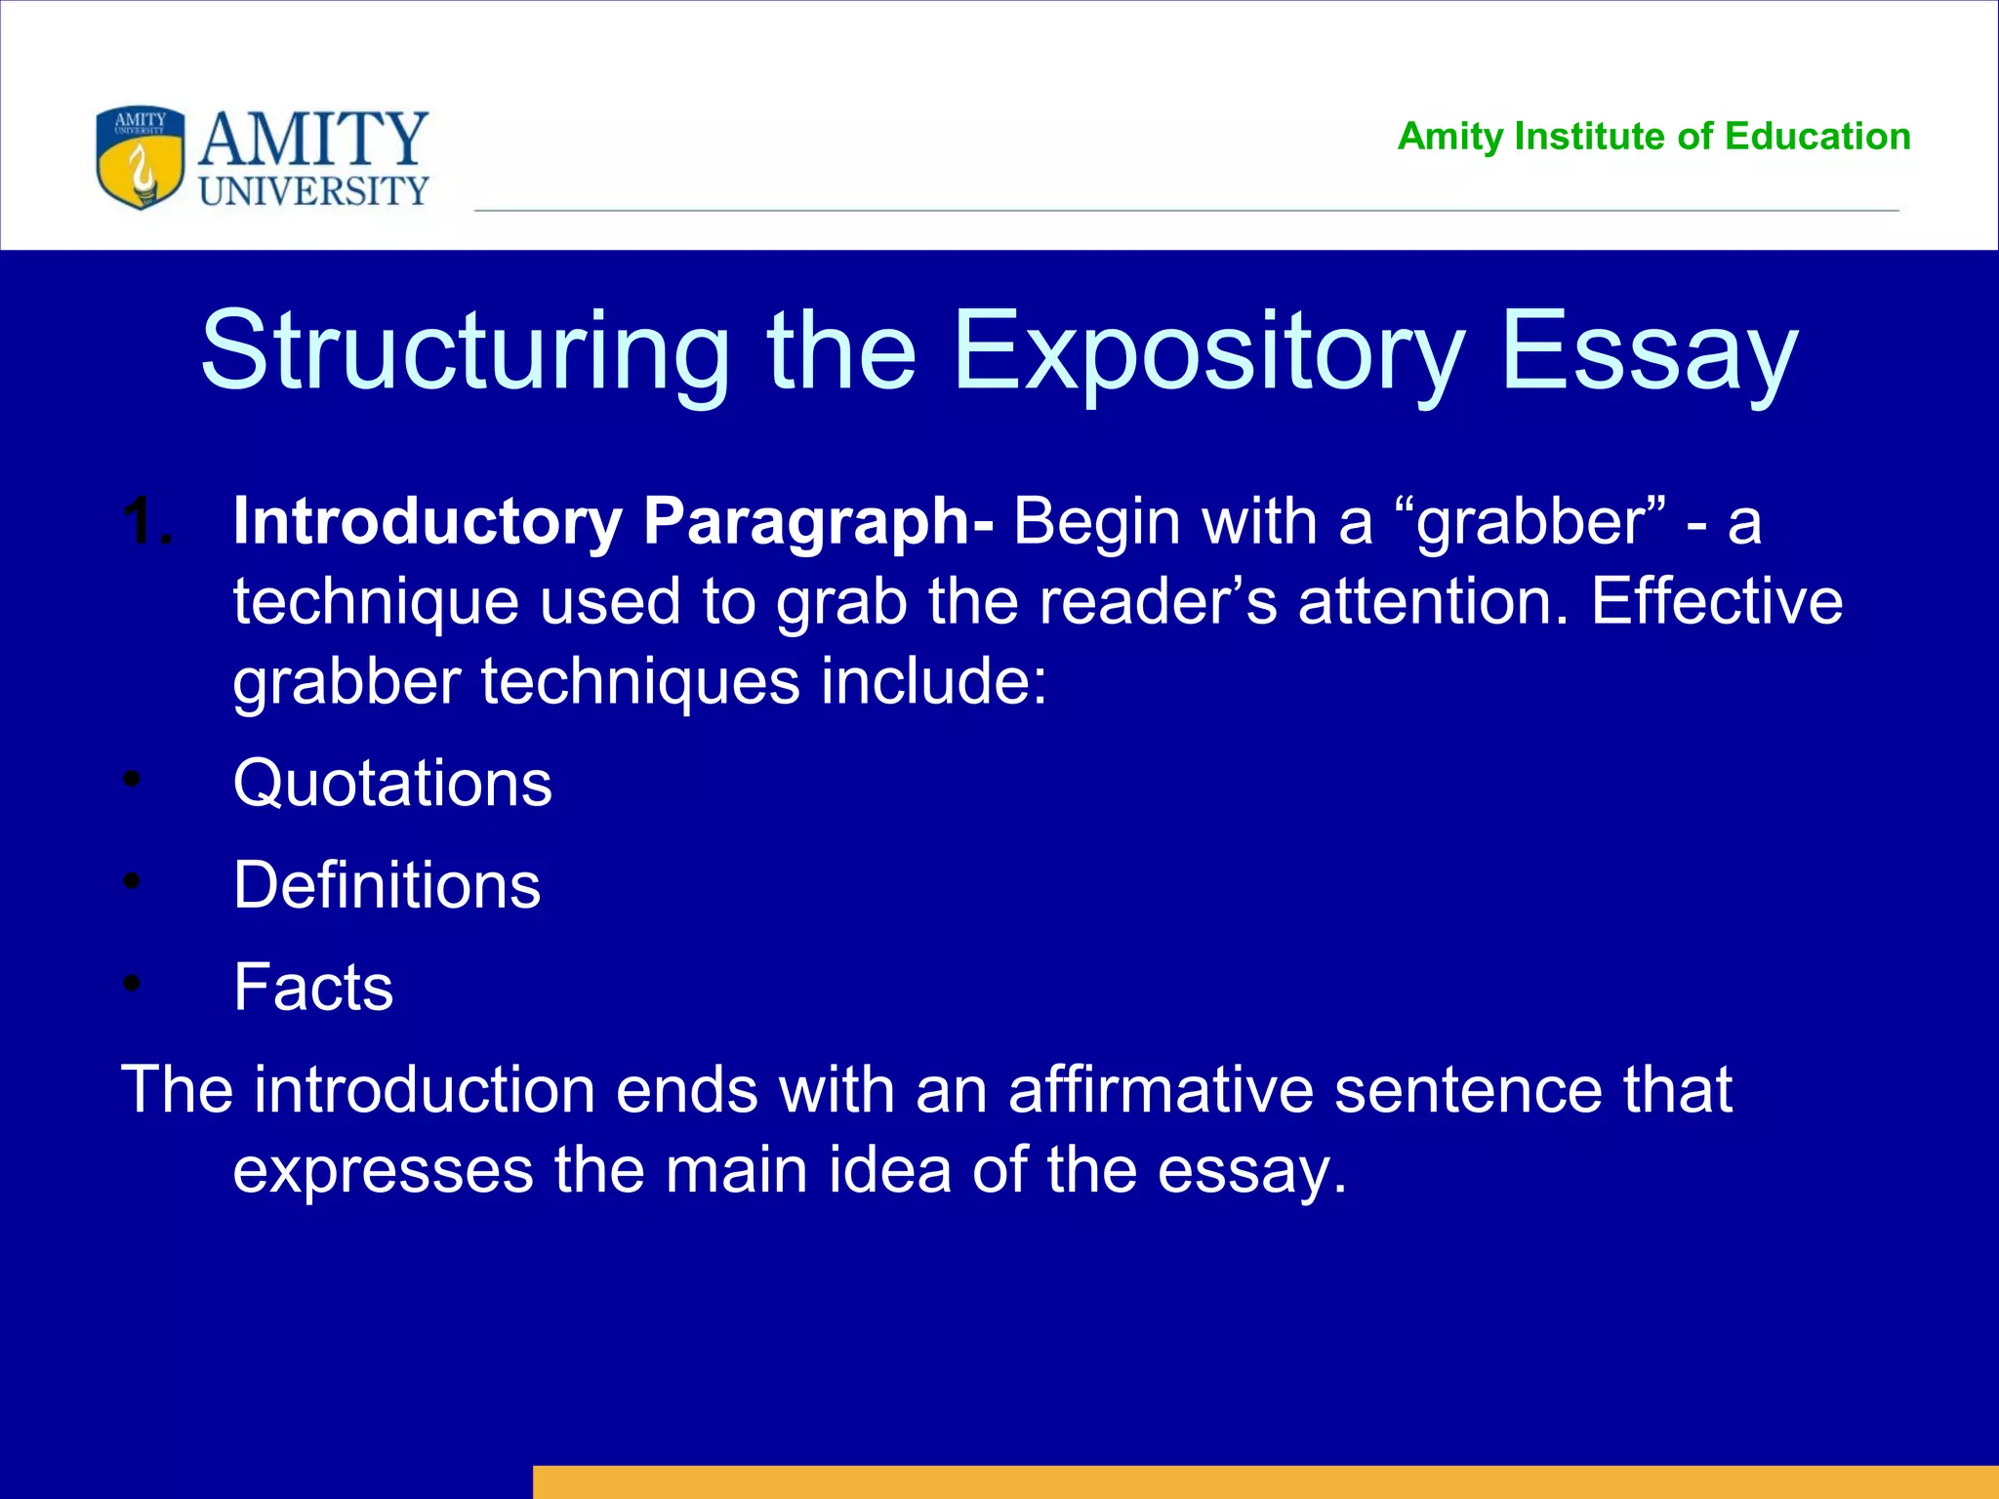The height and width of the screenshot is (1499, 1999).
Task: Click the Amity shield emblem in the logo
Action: tap(141, 157)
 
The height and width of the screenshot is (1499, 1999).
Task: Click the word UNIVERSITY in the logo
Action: tap(313, 190)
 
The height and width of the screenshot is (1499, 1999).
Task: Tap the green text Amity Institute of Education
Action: tap(1653, 137)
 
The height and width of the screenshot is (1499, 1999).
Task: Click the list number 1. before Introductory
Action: tap(148, 522)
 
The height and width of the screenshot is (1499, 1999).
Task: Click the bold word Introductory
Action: tap(428, 522)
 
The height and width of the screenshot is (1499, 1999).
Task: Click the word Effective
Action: tap(1717, 601)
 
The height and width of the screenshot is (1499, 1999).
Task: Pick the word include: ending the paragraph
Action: tap(933, 681)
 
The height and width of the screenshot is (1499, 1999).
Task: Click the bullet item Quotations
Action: tap(392, 784)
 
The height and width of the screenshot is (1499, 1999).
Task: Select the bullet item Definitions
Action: tap(387, 885)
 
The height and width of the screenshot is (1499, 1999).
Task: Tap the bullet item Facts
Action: tap(313, 987)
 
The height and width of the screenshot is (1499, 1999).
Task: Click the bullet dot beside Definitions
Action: tap(133, 882)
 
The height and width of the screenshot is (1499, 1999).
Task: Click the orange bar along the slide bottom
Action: tap(1265, 1481)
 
